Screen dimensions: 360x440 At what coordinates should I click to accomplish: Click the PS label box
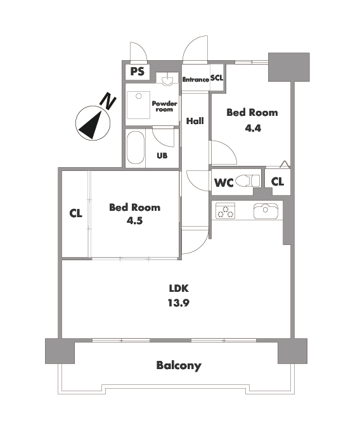(138, 72)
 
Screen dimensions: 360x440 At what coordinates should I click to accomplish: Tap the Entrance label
(196, 79)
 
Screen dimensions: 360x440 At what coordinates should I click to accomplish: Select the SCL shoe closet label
(217, 78)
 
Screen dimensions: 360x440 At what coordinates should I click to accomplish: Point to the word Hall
(195, 121)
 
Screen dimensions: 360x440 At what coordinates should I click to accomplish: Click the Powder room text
(164, 106)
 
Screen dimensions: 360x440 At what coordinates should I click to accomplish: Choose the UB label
(162, 156)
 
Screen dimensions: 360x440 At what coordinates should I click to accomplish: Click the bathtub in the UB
(136, 148)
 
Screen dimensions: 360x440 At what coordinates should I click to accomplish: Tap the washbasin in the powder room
(167, 79)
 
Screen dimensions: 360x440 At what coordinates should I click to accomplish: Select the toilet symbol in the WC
(248, 180)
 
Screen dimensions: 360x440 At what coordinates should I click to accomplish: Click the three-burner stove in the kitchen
(225, 211)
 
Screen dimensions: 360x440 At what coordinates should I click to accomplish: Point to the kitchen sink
(266, 211)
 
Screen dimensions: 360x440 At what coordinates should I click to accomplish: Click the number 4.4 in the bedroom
(253, 129)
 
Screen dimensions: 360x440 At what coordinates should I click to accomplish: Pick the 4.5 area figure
(134, 221)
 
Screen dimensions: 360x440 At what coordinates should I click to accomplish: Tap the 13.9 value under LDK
(179, 303)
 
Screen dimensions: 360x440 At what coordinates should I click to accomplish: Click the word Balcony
(179, 366)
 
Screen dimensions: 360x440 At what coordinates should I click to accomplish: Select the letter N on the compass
(108, 100)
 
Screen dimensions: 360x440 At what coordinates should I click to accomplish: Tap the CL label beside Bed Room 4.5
(75, 213)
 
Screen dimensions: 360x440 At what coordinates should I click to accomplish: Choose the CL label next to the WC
(278, 182)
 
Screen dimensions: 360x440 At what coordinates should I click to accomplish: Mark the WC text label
(224, 183)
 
